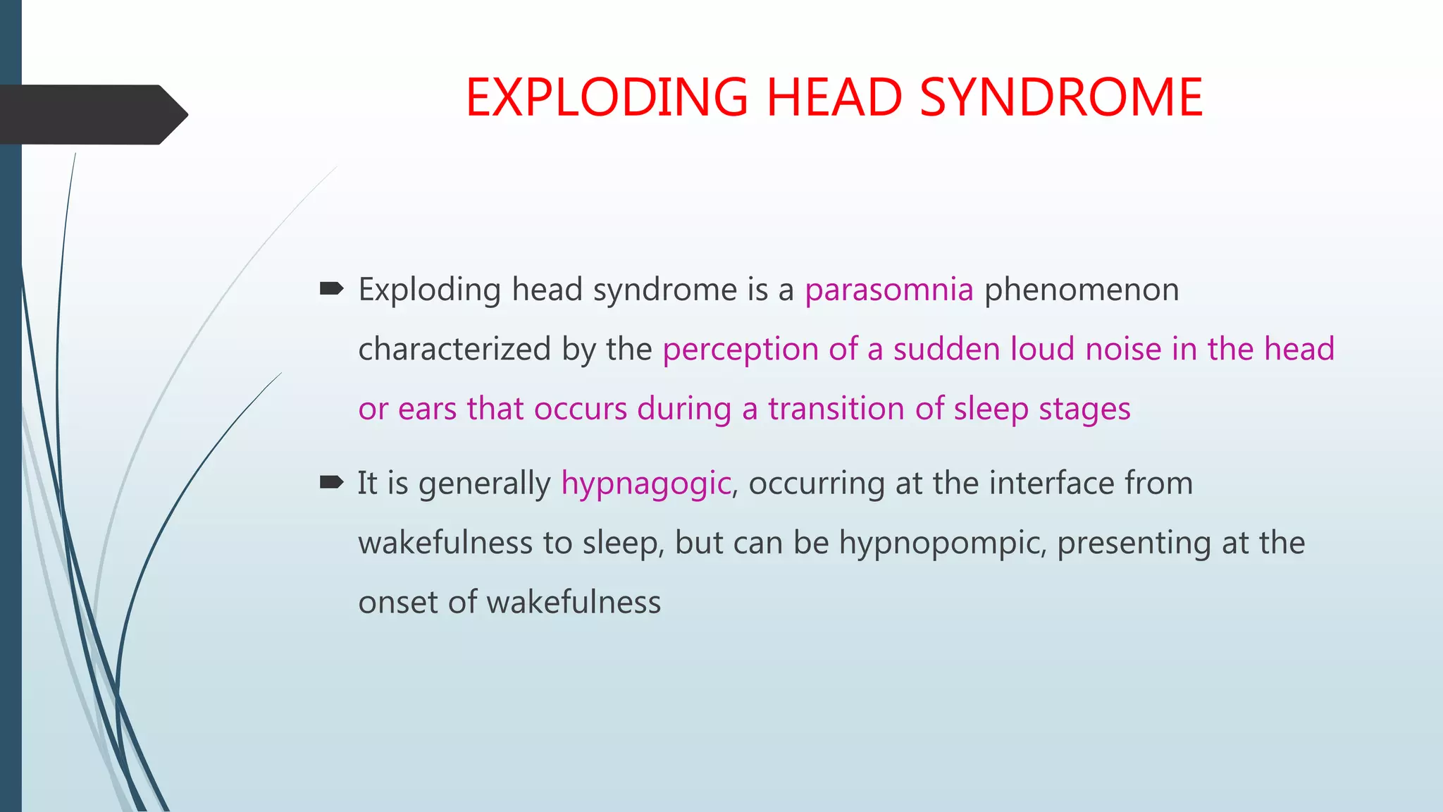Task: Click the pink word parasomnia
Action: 888,290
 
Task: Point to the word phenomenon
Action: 1081,290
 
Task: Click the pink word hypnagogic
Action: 646,484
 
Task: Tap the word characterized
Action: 454,350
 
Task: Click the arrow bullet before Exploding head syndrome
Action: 331,288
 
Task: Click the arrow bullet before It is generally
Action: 331,482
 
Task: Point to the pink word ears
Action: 427,410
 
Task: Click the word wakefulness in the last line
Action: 574,603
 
